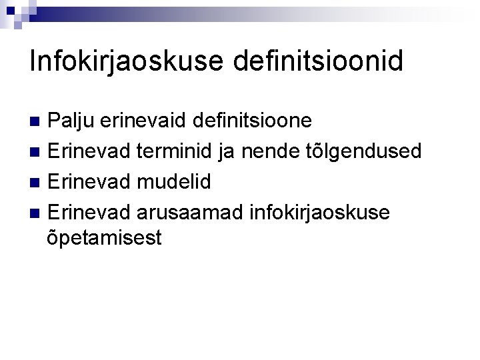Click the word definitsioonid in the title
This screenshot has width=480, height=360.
point(319,61)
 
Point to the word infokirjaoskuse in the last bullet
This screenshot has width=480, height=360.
point(318,211)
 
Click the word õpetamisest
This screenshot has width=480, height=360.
point(105,238)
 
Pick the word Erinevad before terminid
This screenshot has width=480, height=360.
point(89,151)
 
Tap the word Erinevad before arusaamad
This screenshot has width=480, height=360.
point(89,211)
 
